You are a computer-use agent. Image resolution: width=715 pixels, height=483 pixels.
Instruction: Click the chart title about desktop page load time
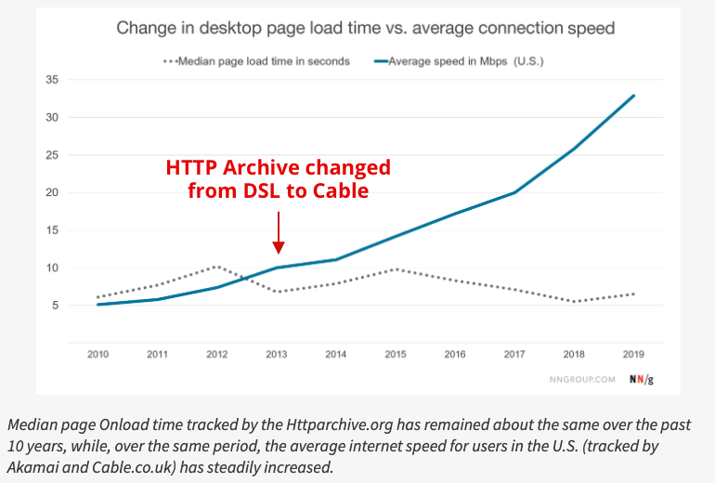coord(365,28)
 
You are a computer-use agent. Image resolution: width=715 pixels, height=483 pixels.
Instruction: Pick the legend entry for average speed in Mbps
coord(461,61)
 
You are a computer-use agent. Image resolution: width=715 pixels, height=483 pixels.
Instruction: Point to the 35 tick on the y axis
coord(52,80)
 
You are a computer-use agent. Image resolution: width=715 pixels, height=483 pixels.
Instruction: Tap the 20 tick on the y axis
coord(52,192)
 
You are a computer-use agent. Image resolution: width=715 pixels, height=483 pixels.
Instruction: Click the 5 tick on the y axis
coord(55,306)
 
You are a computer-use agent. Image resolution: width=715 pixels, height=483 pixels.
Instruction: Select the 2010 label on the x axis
coord(97,355)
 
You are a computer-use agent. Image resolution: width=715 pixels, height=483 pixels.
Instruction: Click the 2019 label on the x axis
coord(633,355)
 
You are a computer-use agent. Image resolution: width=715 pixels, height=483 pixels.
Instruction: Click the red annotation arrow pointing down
coord(278,232)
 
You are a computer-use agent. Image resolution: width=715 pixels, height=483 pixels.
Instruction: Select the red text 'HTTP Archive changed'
coord(278,168)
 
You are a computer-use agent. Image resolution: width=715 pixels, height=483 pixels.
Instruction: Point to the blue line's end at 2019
coord(633,95)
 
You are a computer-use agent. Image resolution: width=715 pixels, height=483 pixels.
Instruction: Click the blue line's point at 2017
coord(513,192)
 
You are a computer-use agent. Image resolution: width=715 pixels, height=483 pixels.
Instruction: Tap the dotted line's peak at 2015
coord(396,269)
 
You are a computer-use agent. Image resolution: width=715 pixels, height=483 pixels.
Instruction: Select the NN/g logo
coord(642,380)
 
